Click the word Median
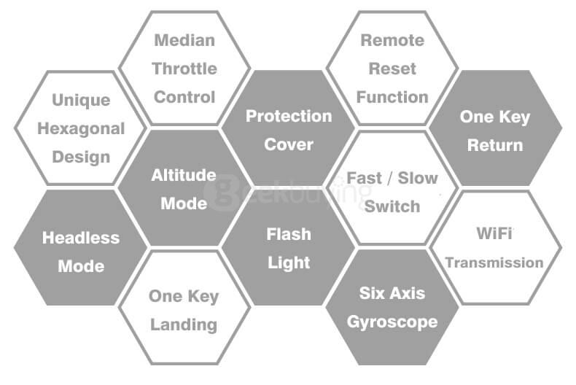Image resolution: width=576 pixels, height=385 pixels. click(x=184, y=40)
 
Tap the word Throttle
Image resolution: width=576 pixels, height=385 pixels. click(x=184, y=69)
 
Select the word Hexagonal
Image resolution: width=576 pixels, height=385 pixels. click(x=81, y=129)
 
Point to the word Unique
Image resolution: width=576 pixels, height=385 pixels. click(x=81, y=101)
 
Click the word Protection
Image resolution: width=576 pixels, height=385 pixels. click(x=289, y=116)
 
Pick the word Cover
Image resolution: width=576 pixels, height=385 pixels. click(x=289, y=144)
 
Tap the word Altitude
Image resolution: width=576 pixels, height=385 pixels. click(x=184, y=175)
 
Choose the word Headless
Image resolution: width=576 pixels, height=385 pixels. click(x=81, y=238)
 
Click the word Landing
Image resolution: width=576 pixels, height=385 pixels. click(x=184, y=325)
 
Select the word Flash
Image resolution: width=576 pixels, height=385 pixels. click(x=289, y=234)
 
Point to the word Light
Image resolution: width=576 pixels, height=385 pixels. click(x=289, y=263)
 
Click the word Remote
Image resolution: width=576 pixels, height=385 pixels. click(x=392, y=40)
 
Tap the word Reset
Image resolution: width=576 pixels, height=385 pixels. click(x=392, y=69)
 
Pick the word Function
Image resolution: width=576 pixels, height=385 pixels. click(x=392, y=97)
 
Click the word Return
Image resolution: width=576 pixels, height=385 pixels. click(x=495, y=145)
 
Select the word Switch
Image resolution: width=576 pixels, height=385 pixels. click(x=392, y=206)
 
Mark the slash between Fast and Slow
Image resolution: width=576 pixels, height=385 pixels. click(x=390, y=178)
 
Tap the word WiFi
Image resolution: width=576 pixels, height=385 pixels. click(x=494, y=233)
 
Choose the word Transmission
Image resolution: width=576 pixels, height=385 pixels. click(x=494, y=262)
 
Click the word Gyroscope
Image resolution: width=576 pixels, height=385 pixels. click(x=392, y=322)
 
